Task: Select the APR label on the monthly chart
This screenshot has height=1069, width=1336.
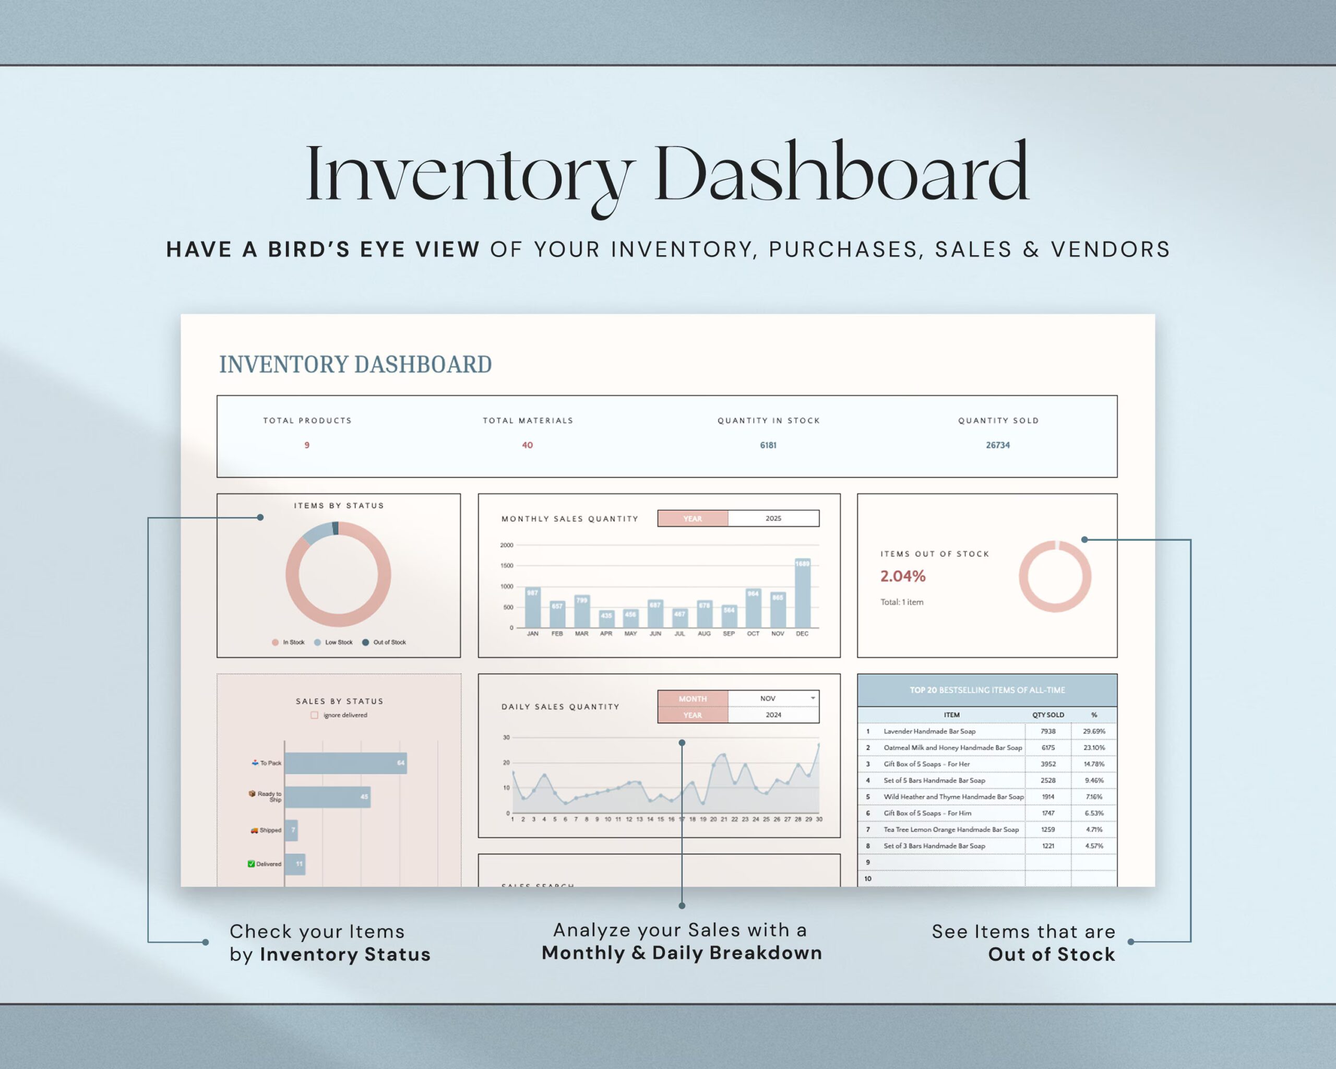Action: (606, 633)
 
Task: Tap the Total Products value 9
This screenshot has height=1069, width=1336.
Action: (307, 445)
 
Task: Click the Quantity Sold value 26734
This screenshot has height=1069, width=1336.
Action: (998, 445)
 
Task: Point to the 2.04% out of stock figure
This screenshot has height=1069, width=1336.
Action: (903, 576)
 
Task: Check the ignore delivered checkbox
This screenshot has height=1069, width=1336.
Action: (315, 715)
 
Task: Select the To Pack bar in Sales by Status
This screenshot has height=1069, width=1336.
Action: (345, 763)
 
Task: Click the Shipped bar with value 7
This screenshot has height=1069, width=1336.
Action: (291, 830)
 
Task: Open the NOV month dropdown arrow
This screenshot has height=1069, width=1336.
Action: (813, 698)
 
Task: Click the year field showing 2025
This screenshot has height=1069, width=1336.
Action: (773, 518)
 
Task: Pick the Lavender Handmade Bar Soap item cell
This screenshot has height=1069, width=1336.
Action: (929, 731)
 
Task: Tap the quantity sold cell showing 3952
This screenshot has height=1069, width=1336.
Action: (1048, 764)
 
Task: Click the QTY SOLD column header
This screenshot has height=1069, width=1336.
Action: (1048, 715)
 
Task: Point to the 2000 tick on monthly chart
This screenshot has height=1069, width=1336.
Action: (506, 545)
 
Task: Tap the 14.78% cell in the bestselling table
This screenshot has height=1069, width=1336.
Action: (1094, 764)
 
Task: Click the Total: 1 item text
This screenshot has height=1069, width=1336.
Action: (902, 602)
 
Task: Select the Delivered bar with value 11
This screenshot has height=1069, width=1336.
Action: (295, 864)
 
